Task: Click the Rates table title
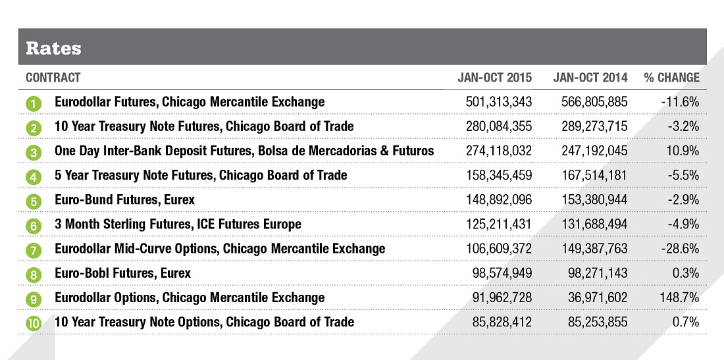[53, 48]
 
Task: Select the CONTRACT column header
[53, 78]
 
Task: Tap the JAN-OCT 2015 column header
[495, 78]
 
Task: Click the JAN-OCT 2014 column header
[590, 78]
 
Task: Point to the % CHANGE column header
[671, 78]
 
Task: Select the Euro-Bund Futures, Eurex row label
[125, 199]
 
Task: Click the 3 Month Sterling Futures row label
[178, 224]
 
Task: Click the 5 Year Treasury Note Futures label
[201, 175]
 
